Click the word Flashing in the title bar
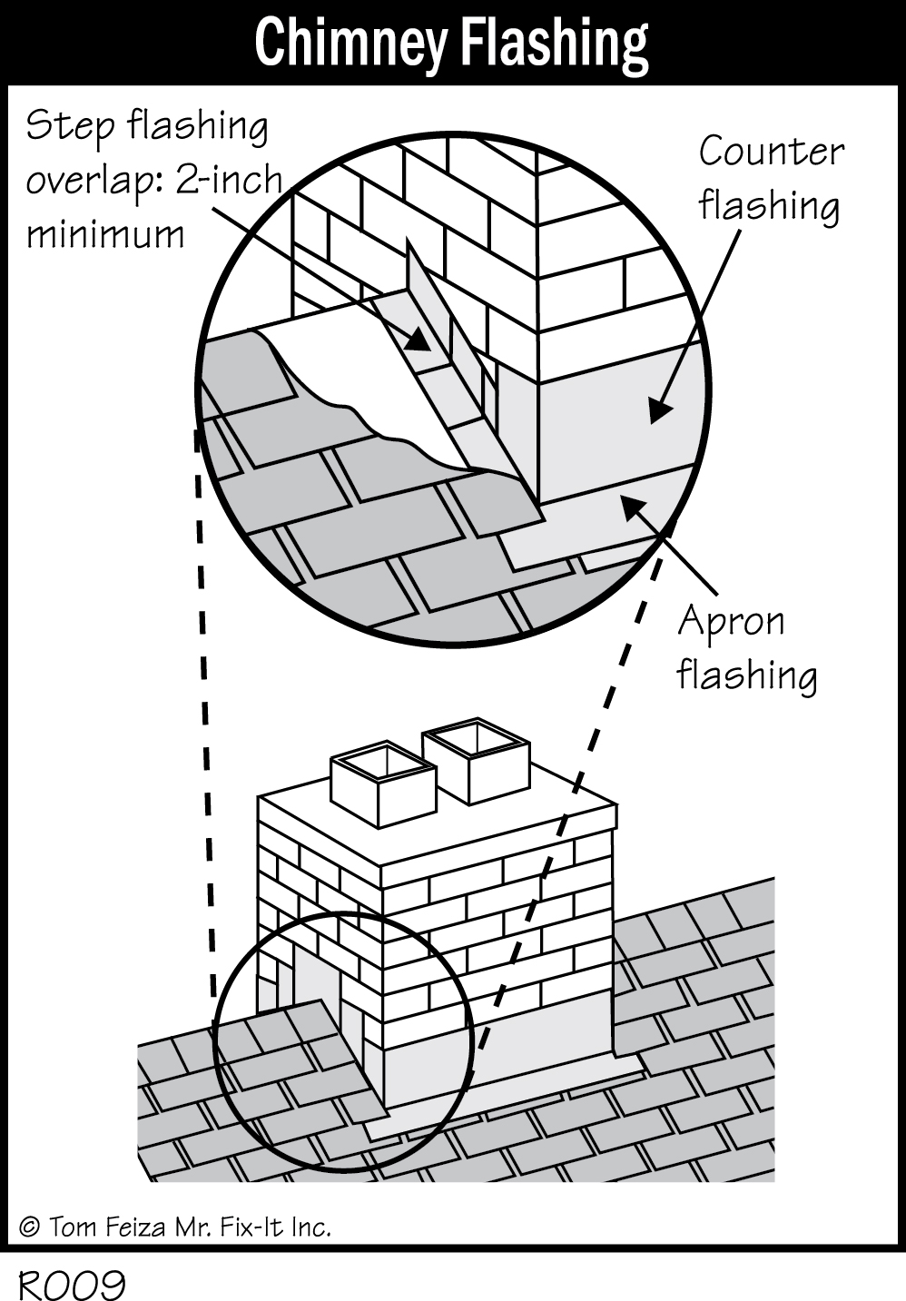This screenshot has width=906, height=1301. point(553,43)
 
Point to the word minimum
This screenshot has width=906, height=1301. point(104,235)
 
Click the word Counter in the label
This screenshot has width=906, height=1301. point(771,152)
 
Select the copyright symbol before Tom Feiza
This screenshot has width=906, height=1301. point(29,1228)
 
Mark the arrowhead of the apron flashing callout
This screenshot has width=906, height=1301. point(630,505)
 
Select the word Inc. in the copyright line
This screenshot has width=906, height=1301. point(311,1228)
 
